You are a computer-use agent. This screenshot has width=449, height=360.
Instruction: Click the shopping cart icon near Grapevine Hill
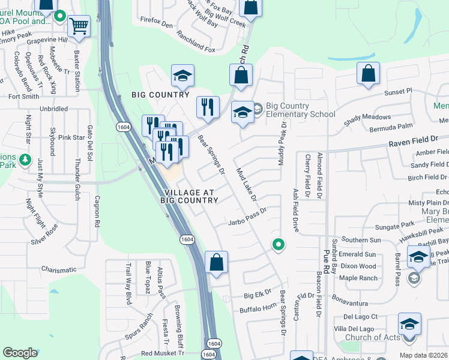click(79, 26)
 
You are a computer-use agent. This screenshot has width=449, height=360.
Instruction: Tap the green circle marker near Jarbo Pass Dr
click(278, 244)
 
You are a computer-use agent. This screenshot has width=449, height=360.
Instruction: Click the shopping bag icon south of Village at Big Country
click(216, 263)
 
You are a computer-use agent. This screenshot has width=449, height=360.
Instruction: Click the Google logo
click(20, 353)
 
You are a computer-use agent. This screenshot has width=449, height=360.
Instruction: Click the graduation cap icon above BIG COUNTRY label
click(182, 76)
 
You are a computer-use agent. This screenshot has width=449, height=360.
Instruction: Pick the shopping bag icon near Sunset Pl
click(368, 74)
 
